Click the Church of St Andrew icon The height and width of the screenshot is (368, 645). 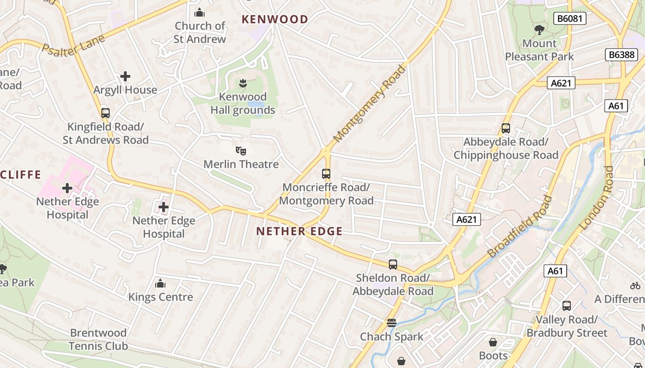(x=199, y=12)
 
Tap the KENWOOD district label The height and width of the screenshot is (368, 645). (x=275, y=19)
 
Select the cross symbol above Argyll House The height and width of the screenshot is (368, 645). (x=125, y=76)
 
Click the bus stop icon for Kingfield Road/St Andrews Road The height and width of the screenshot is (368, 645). (x=106, y=113)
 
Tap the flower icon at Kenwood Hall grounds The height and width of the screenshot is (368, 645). (x=242, y=83)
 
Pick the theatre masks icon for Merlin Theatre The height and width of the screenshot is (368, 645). (x=241, y=150)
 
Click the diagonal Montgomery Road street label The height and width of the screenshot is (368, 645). (x=370, y=104)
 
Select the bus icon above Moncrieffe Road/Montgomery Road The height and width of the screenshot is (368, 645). (x=326, y=174)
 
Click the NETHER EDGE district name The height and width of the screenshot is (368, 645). (x=299, y=231)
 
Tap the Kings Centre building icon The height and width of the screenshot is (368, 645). (x=160, y=283)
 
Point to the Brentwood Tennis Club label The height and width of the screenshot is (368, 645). (x=98, y=339)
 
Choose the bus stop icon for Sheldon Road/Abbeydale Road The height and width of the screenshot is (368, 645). (x=393, y=264)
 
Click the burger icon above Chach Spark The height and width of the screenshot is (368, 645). (x=392, y=323)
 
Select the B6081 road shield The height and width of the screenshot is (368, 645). (x=569, y=18)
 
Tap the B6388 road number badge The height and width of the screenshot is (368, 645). (x=621, y=55)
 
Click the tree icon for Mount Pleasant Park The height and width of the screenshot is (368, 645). (x=539, y=30)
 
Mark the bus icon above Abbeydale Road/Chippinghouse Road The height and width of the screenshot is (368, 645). (x=506, y=128)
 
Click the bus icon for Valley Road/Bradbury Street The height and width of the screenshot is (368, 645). (x=567, y=306)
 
